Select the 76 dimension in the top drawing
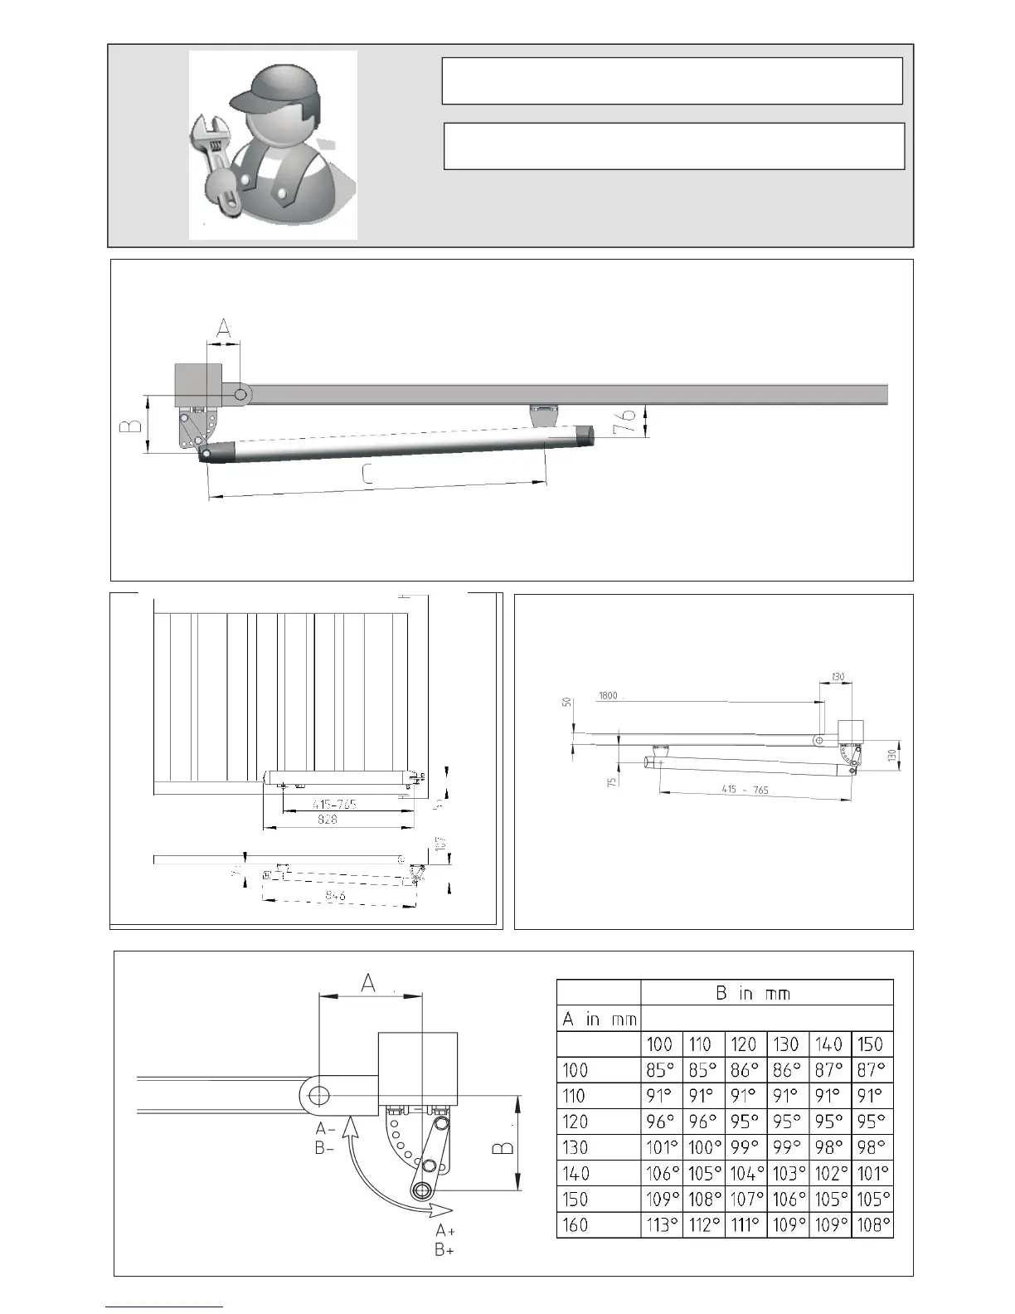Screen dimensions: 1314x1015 (x=629, y=419)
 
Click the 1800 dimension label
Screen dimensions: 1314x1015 (x=608, y=696)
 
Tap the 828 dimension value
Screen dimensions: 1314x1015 (x=328, y=820)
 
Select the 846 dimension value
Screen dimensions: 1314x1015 (x=336, y=896)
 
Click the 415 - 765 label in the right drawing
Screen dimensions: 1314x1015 (x=745, y=790)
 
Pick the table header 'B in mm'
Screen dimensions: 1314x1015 (x=753, y=993)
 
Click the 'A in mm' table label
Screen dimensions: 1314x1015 (x=599, y=1019)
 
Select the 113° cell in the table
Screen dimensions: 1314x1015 (x=662, y=1224)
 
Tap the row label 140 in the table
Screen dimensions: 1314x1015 (x=575, y=1173)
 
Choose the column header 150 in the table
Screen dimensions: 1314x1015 (x=871, y=1044)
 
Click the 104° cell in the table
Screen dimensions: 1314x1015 (x=745, y=1173)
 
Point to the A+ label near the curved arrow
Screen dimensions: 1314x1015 (x=445, y=1231)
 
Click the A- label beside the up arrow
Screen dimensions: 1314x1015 (x=325, y=1128)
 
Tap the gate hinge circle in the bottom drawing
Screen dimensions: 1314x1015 (x=318, y=1096)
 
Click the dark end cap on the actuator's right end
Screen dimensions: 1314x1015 (x=585, y=433)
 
